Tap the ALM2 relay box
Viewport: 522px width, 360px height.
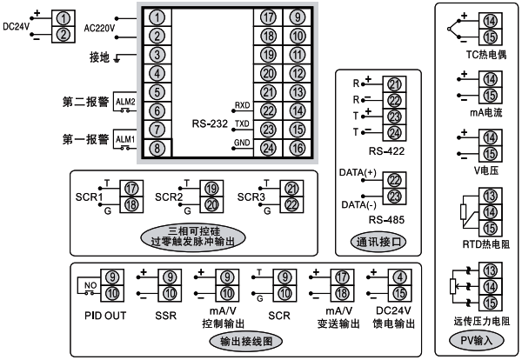[x=126, y=101]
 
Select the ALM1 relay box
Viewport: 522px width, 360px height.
[x=126, y=138]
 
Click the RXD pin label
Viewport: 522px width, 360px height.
[x=242, y=104]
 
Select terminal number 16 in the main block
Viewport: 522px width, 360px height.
[x=298, y=147]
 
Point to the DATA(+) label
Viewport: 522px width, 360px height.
[x=355, y=174]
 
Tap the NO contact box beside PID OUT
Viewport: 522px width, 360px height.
[x=90, y=283]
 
